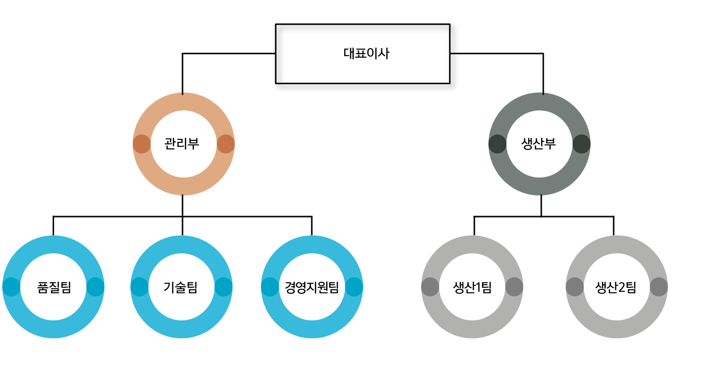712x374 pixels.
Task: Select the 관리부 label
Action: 182,144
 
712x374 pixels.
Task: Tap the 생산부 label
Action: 539,144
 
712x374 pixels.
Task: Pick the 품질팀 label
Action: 54,287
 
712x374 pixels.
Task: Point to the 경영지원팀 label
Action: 312,287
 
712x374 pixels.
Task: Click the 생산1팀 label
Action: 472,287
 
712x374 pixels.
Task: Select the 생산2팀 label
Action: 616,287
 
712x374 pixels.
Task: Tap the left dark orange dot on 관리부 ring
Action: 142,144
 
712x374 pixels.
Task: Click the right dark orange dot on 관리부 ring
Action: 225,144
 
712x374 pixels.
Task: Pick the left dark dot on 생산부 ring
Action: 498,144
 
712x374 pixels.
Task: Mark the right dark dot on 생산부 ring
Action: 581,144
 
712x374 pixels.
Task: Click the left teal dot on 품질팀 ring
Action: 12,287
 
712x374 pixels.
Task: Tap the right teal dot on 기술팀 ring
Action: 223,287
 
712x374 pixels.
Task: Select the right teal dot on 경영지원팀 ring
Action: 354,287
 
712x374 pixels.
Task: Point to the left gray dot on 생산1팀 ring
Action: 430,287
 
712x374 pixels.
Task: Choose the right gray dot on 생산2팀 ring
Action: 658,287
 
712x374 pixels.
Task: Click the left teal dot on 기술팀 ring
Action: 139,287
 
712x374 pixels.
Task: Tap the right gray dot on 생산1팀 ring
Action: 514,287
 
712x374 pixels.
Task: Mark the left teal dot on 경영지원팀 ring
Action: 270,287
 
